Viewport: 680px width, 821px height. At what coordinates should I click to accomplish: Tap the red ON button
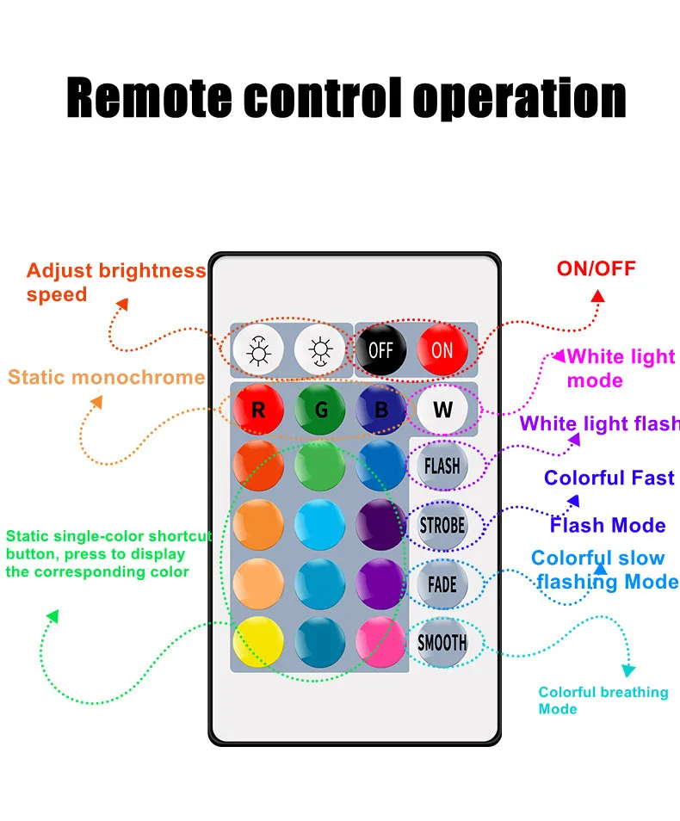coord(442,349)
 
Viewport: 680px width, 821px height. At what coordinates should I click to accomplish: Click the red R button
coord(258,409)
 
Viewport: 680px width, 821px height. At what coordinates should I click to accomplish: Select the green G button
coord(319,409)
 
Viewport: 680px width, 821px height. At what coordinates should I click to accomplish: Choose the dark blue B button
coord(380,409)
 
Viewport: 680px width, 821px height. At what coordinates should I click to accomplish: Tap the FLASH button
coord(442,466)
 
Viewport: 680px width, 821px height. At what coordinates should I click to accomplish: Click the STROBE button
coord(442,525)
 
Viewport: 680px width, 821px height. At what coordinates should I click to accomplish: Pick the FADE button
coord(442,583)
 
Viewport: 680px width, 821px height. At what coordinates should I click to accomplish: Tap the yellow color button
coord(258,642)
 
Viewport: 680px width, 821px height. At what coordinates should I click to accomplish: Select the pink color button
coord(380,642)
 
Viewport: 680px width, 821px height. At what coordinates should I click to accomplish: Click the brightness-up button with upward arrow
coord(258,349)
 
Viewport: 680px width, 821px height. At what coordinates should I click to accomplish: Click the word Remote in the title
coord(149,98)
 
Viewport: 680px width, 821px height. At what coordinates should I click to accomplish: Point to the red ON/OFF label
coord(597,269)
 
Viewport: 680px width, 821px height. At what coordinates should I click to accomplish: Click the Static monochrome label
coord(107,377)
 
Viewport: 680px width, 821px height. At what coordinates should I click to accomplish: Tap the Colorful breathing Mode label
coord(603,700)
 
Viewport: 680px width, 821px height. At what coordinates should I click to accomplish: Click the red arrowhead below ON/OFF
coord(597,296)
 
